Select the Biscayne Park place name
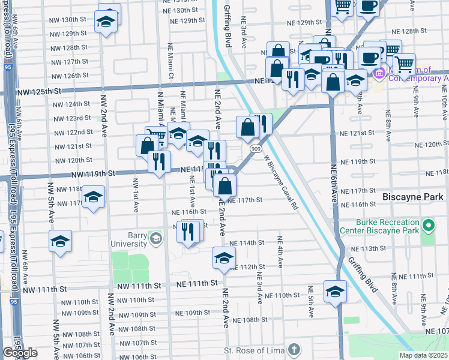coord(413,197)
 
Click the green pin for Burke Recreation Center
coord(428,226)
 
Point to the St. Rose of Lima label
coord(253,350)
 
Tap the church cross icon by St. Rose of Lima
coord(293,349)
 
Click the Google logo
coord(20,353)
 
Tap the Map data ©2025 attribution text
coord(424,355)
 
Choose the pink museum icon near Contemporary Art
coord(379,74)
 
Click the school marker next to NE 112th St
coord(223,259)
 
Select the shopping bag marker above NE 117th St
coord(224,185)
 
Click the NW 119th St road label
coord(92,174)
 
